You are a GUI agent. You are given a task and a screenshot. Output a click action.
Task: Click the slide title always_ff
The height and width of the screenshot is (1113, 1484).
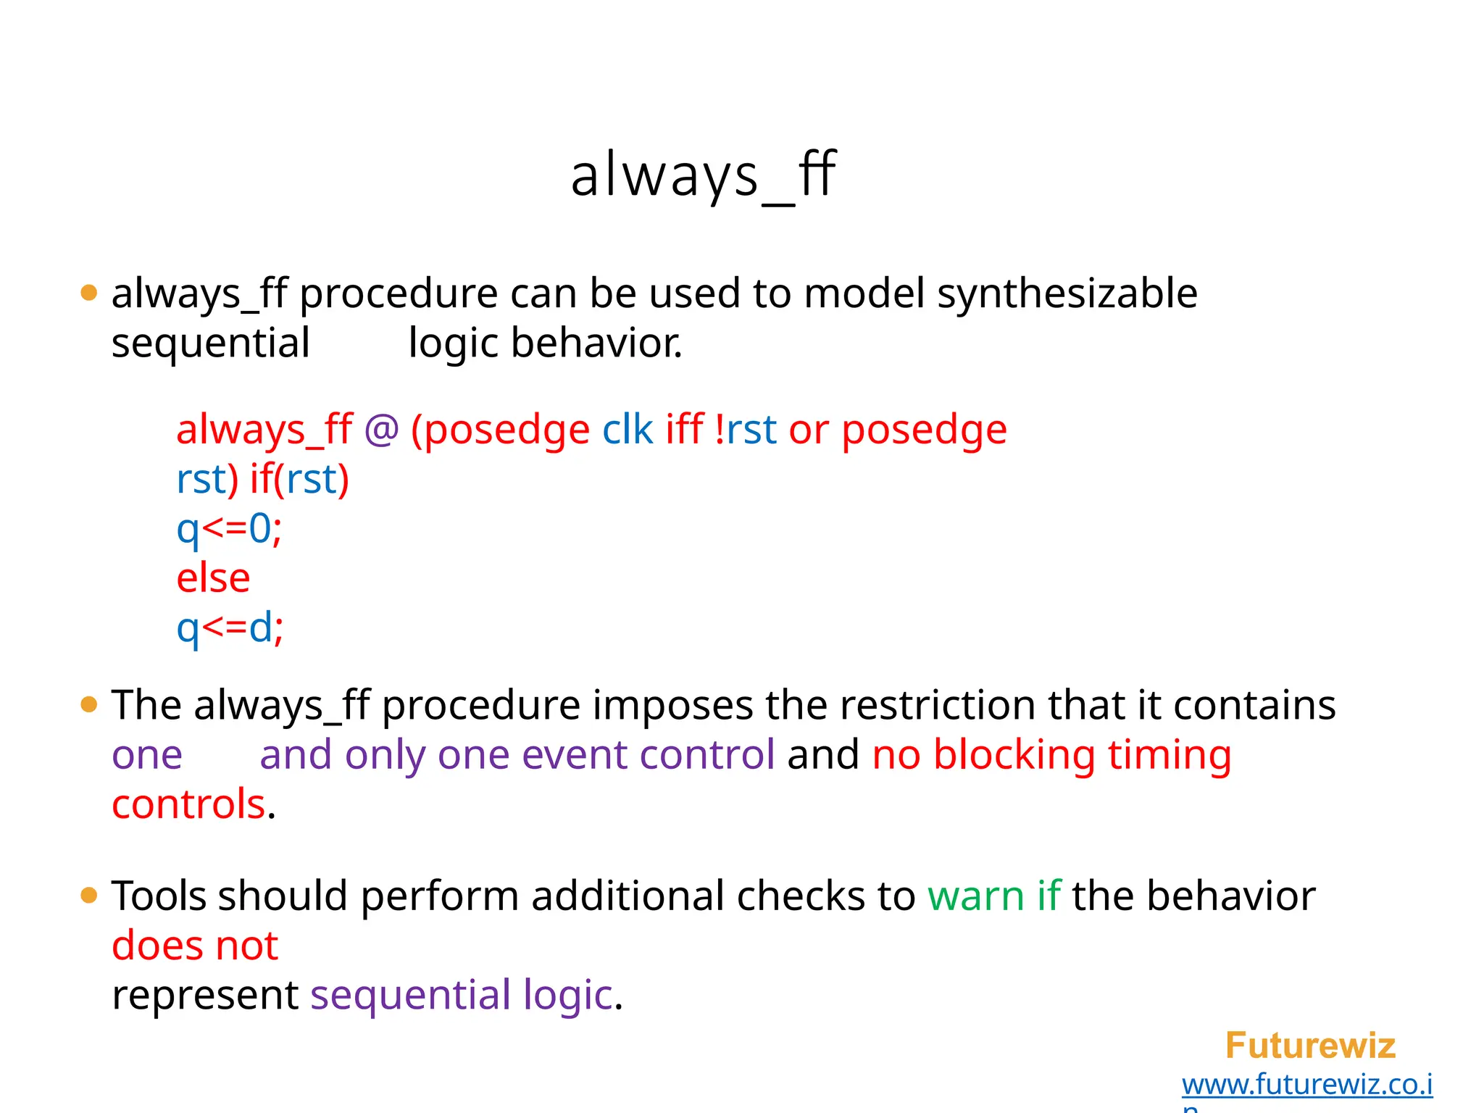click(x=703, y=175)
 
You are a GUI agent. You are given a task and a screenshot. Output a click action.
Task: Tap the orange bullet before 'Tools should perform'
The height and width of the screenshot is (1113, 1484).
click(x=89, y=896)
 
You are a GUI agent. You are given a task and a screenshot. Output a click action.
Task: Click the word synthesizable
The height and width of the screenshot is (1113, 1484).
click(x=1067, y=294)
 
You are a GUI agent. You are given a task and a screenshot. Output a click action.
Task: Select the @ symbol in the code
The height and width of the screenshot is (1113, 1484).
click(x=382, y=430)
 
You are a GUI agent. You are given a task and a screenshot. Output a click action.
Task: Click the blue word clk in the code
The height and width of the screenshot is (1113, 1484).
click(x=628, y=430)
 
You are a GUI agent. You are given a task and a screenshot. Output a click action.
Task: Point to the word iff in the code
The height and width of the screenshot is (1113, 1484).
click(x=684, y=429)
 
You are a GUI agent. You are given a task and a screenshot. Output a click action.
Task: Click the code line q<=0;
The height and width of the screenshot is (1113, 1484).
click(x=229, y=529)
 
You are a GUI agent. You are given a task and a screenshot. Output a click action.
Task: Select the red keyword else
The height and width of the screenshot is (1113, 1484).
click(x=213, y=578)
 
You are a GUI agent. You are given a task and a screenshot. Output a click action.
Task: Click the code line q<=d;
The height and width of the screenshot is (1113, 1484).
click(x=230, y=628)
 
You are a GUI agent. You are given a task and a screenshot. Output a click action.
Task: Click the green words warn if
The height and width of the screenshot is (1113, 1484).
click(x=994, y=896)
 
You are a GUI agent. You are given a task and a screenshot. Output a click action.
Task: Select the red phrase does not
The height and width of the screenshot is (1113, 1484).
click(x=195, y=946)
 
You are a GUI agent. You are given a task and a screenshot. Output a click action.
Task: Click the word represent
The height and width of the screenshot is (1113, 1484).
click(x=205, y=995)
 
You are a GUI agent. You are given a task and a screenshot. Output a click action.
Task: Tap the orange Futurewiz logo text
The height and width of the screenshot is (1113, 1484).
click(x=1310, y=1046)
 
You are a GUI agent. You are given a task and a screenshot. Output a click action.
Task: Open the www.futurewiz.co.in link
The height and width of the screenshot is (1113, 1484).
click(x=1306, y=1085)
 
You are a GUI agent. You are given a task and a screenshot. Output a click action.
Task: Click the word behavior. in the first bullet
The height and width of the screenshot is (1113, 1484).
click(x=596, y=343)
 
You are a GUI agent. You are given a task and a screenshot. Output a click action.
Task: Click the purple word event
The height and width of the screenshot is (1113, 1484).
click(x=574, y=755)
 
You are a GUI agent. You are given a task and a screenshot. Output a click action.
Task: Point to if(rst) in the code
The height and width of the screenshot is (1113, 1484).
click(x=299, y=480)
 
